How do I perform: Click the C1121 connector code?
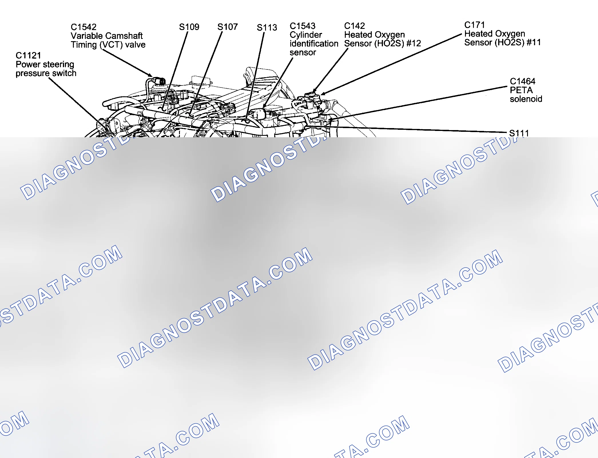click(x=28, y=55)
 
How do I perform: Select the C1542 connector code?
click(x=84, y=27)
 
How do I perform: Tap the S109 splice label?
click(x=189, y=27)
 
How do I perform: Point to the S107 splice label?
click(x=227, y=27)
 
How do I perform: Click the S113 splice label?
click(x=267, y=27)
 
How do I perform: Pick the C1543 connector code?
click(x=303, y=26)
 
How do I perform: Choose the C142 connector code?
click(x=355, y=26)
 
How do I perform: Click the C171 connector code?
click(x=474, y=25)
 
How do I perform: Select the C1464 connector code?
click(x=522, y=81)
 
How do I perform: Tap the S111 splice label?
click(x=519, y=133)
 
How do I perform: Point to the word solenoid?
click(x=526, y=99)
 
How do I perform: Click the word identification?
click(x=314, y=43)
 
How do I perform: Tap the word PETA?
click(x=521, y=90)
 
